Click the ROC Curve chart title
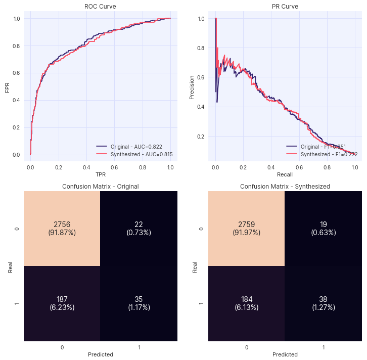click(100, 7)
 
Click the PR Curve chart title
click(285, 7)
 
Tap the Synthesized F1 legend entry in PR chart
click(322, 154)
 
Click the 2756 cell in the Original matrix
click(62, 229)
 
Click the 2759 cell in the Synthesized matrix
click(247, 229)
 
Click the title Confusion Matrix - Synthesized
click(285, 187)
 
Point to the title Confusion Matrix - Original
click(100, 187)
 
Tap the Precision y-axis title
click(192, 87)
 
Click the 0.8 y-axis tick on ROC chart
click(17, 46)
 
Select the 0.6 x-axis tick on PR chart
click(299, 166)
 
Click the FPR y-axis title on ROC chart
click(7, 87)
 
